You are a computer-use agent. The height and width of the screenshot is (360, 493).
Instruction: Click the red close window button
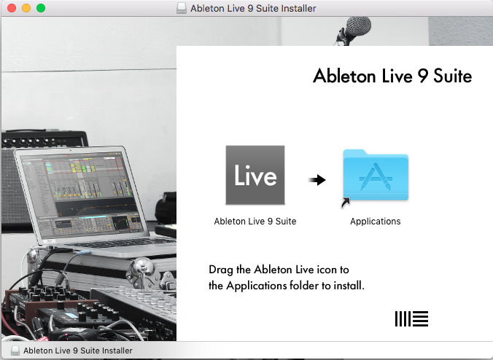[x=12, y=8]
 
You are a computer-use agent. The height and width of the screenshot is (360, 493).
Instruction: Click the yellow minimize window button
[x=26, y=8]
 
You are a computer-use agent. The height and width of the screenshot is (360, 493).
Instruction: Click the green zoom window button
[x=41, y=8]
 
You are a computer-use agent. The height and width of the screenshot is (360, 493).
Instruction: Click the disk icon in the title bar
[x=182, y=8]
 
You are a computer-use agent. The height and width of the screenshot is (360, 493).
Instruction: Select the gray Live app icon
[x=255, y=175]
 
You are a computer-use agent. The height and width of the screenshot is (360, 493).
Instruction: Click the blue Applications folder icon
[x=376, y=175]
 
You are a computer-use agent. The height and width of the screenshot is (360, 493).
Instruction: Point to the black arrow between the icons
[x=317, y=180]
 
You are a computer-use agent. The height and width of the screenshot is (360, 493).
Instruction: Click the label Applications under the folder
[x=376, y=222]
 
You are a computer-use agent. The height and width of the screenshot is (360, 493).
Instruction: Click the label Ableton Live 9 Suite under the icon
[x=255, y=222]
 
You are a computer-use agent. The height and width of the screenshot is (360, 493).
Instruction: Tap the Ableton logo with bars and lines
[x=411, y=319]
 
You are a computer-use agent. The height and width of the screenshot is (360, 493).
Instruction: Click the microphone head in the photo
[x=358, y=26]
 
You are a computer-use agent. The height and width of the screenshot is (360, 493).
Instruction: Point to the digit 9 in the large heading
[x=423, y=77]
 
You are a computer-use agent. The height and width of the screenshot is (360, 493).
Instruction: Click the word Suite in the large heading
[x=453, y=76]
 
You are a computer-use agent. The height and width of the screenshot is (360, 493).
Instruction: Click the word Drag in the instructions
[x=220, y=270]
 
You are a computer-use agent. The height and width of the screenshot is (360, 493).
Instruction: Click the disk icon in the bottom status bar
[x=15, y=351]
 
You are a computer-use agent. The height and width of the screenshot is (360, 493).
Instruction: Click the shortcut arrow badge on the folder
[x=346, y=203]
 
